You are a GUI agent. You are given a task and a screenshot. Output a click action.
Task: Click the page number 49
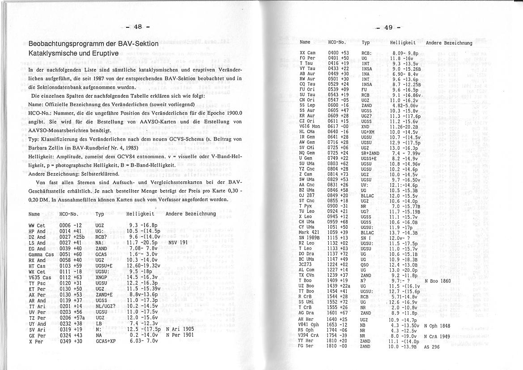(388, 28)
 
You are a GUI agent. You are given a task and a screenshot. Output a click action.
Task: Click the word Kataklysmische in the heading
(49, 53)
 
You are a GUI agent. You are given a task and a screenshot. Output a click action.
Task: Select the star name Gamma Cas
(37, 254)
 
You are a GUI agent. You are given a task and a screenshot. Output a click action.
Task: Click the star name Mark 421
(308, 232)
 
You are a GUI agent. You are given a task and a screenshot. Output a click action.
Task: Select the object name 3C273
(306, 264)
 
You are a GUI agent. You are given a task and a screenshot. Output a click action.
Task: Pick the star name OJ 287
(306, 183)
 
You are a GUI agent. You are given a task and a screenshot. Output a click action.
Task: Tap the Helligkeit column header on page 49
(403, 43)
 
